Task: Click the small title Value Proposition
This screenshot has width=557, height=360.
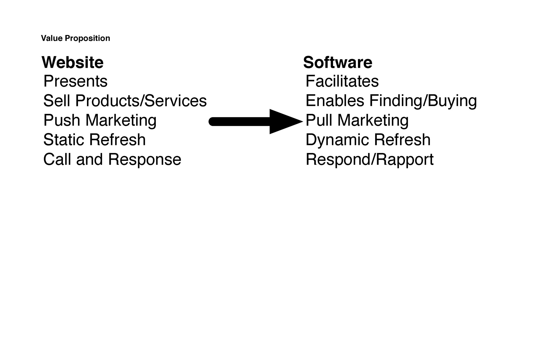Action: coord(75,39)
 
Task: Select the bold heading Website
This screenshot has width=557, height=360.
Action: coord(73,62)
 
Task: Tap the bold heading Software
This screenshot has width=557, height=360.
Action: coord(338,62)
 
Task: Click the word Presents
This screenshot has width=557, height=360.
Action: coord(75,81)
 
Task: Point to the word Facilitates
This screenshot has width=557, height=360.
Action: coord(342,81)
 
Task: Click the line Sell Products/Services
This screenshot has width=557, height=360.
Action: coord(125,101)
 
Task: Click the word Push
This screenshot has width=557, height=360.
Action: coord(62,120)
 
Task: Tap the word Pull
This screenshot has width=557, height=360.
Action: coord(319,120)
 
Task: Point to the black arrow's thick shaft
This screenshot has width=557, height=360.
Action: coord(239,122)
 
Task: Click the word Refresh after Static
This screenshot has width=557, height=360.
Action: coord(117,140)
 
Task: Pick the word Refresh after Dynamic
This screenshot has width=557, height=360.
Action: coord(402,140)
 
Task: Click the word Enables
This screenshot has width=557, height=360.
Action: coord(335,101)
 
